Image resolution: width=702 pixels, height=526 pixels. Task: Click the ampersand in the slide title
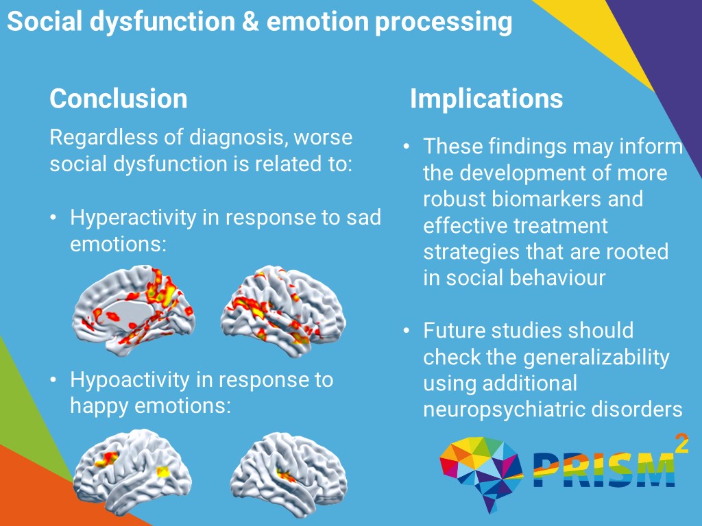[250, 22]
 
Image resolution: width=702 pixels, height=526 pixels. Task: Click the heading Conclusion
[118, 99]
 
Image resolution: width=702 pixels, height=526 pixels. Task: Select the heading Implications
[486, 99]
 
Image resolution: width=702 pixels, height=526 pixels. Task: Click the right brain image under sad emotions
[280, 310]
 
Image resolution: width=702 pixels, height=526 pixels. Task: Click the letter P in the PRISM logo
[544, 470]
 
